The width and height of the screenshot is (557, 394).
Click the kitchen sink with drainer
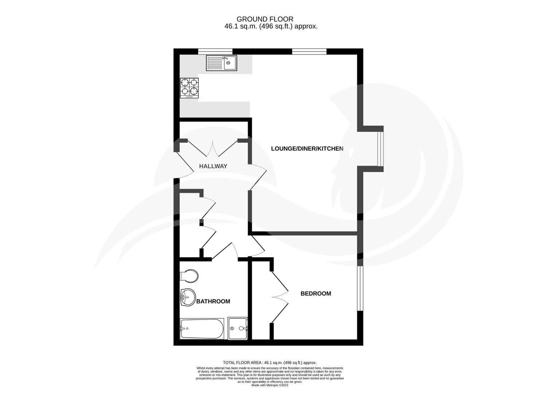221,63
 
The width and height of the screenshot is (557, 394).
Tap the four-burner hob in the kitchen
189,88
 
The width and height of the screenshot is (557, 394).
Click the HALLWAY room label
213,166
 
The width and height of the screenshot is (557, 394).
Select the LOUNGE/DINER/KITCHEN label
307,149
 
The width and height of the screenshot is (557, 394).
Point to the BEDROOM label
316,294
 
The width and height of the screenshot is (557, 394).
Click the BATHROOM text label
213,302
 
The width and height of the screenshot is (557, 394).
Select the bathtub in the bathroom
202,329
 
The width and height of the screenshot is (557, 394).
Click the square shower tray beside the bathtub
238,329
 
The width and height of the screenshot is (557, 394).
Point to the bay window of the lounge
380,148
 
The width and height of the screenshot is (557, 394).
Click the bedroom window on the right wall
360,288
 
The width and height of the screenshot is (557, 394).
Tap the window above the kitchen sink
215,51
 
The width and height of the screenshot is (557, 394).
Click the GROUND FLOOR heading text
265,19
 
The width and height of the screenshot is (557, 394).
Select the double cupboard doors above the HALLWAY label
212,148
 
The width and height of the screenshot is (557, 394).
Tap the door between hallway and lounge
258,177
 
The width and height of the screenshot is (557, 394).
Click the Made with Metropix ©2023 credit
270,385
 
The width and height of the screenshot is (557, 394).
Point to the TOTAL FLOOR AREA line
270,363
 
